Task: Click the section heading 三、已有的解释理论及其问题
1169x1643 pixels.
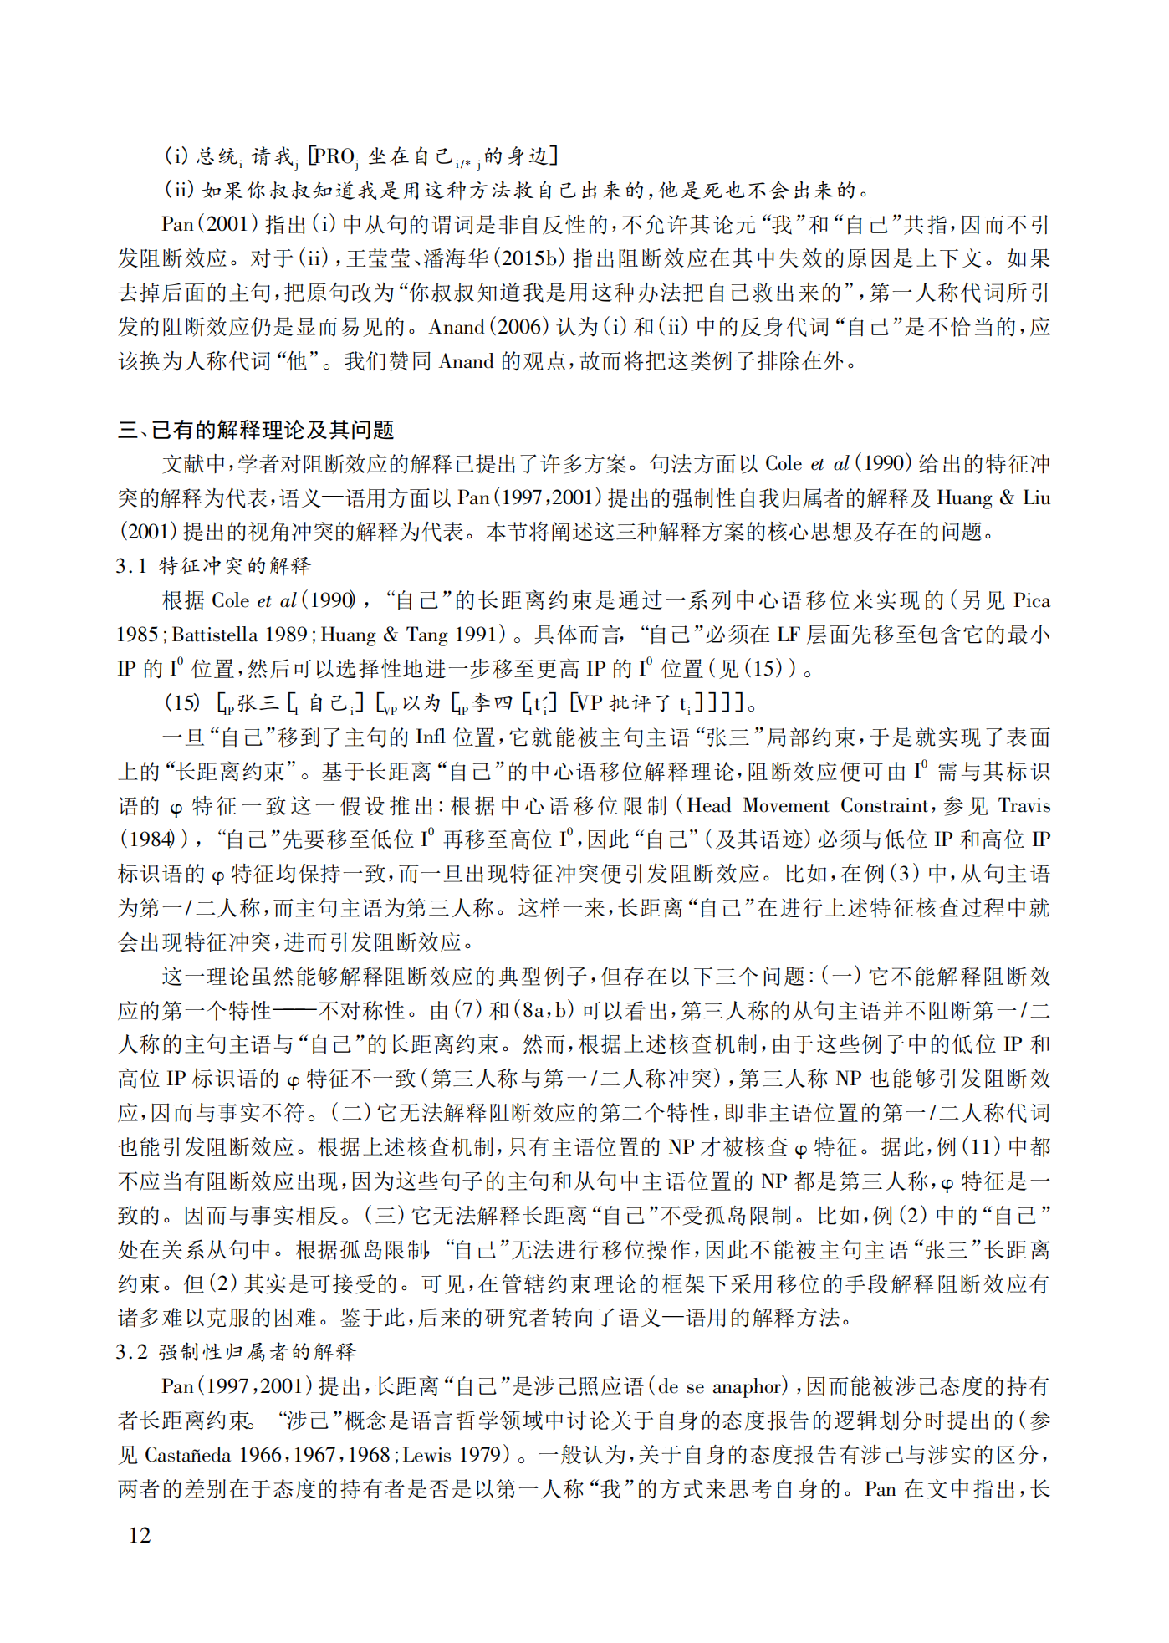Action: tap(256, 430)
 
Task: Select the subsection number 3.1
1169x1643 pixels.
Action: tap(131, 566)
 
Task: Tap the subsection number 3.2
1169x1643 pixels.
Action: tap(131, 1352)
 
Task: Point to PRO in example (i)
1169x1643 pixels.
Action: tap(335, 156)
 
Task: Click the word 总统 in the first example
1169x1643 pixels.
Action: tap(217, 156)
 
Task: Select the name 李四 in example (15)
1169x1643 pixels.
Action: tap(492, 703)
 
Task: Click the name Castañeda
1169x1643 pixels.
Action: tap(188, 1455)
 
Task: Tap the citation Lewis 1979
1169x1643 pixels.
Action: tap(452, 1455)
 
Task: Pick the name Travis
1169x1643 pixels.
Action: tap(1024, 805)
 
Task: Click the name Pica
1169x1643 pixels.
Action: tap(1032, 600)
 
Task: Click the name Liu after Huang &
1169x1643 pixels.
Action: tap(1036, 497)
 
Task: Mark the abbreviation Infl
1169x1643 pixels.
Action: tap(431, 737)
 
